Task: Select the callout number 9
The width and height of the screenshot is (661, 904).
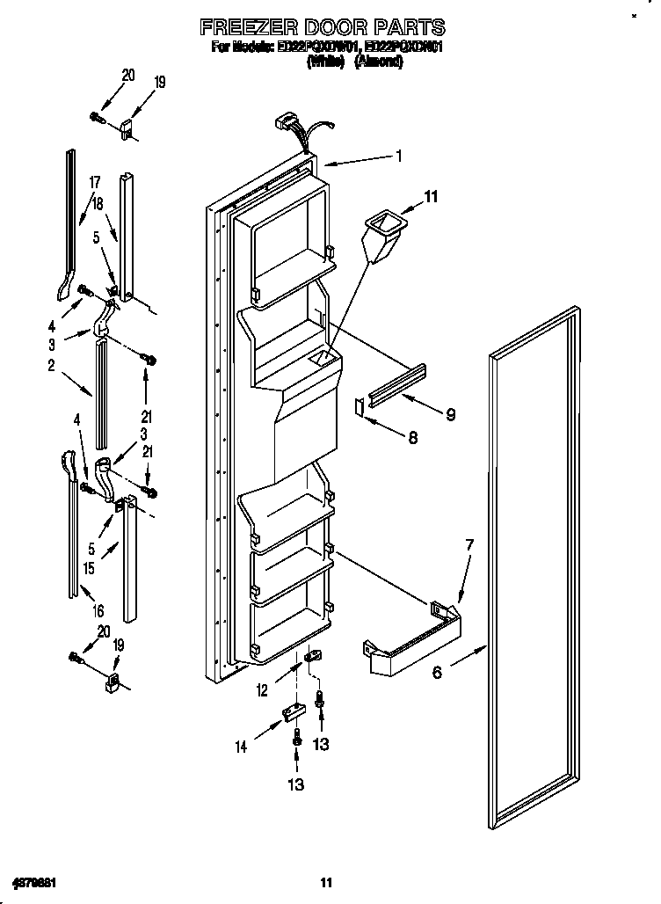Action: coord(450,414)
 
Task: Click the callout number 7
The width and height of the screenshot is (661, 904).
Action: coord(469,546)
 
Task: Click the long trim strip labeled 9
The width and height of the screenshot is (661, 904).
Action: coord(396,386)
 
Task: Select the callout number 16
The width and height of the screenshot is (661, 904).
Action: coord(98,611)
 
